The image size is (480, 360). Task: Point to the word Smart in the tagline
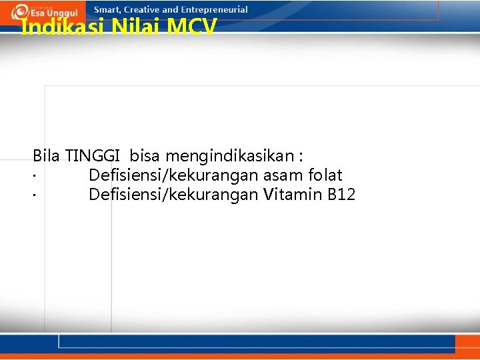point(109,9)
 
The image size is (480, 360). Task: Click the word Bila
point(46,156)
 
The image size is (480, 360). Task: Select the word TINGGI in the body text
point(93,156)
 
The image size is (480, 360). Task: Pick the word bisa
point(145,156)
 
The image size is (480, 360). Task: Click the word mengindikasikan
point(229,157)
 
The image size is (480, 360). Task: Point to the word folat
point(325,175)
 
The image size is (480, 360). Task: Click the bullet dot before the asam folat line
point(33,177)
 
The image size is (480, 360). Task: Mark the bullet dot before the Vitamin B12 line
point(33,197)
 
